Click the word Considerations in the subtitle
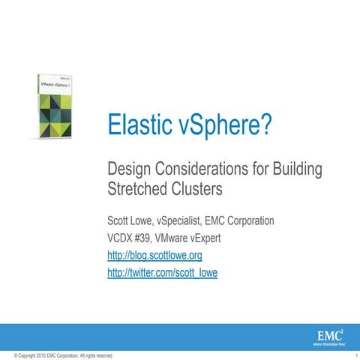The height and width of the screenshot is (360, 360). (x=206, y=169)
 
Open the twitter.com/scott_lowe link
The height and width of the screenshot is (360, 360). (x=163, y=274)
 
